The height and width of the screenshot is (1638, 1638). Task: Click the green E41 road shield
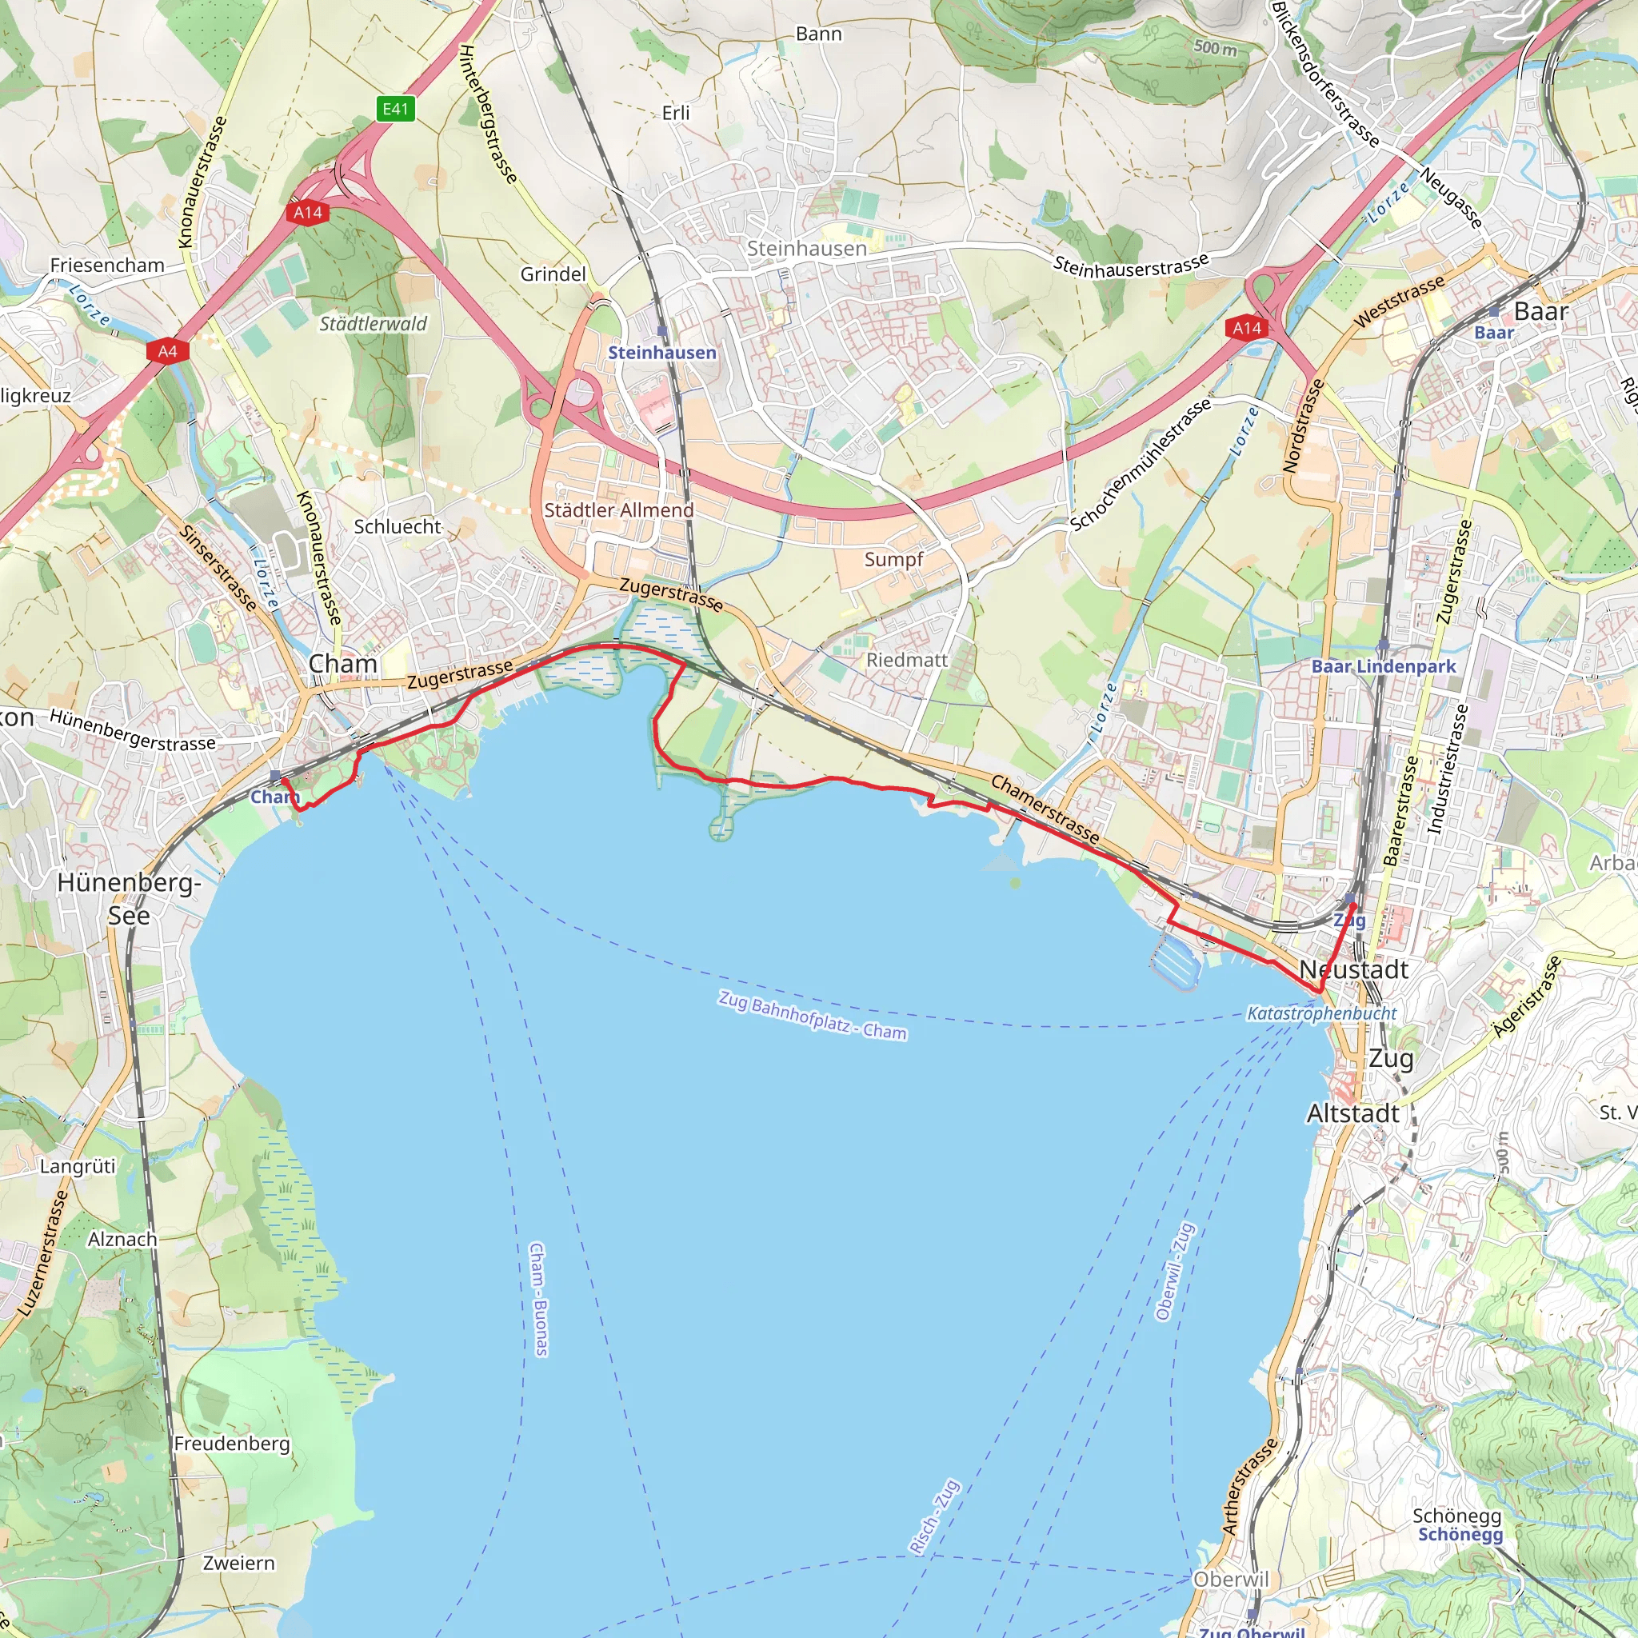395,109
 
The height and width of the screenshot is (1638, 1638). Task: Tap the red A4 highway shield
167,351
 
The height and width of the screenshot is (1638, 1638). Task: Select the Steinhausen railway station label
662,353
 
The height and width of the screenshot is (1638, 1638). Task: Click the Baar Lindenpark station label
1383,666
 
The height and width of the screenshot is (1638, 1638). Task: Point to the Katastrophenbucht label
1322,1013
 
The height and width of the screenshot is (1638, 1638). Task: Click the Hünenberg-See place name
129,899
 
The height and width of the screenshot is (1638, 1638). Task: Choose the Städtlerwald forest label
373,324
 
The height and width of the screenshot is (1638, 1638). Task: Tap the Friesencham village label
107,266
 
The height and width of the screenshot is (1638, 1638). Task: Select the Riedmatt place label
906,660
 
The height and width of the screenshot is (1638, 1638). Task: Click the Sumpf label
893,560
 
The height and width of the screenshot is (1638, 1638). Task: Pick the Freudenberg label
231,1443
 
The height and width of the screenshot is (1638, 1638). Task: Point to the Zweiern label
239,1563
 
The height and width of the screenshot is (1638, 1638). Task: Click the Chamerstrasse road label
1045,809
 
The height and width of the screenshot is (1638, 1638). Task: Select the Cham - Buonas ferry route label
538,1299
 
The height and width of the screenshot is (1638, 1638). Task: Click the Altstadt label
1353,1113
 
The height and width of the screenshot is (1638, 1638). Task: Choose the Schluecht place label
398,526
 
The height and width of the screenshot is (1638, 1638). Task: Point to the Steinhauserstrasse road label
1131,266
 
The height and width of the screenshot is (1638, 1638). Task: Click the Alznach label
123,1240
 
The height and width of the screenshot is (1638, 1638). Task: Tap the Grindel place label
553,274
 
